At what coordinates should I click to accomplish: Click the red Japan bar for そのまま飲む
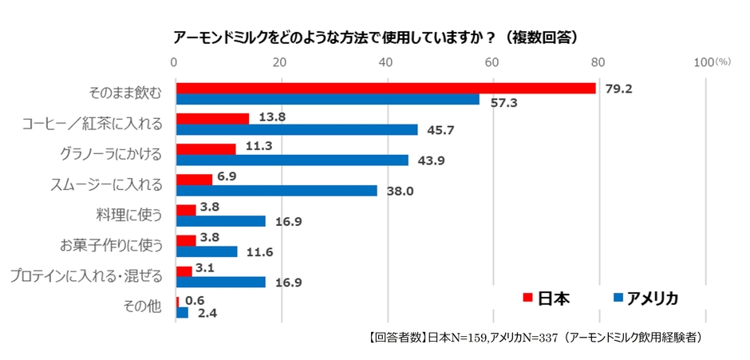[x=385, y=88]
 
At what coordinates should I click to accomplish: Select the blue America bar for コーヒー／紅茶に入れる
[x=296, y=129]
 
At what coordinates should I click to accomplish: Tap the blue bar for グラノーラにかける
[x=291, y=160]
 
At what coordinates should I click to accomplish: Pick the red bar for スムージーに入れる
[x=194, y=180]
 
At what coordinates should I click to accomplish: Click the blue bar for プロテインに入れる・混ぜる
[x=220, y=282]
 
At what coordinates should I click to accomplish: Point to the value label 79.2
[x=618, y=89]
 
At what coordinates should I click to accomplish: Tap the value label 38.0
[x=401, y=191]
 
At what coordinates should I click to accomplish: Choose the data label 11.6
[x=261, y=251]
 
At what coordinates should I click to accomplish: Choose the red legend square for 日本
[x=527, y=298]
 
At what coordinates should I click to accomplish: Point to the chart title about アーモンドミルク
[x=375, y=38]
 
